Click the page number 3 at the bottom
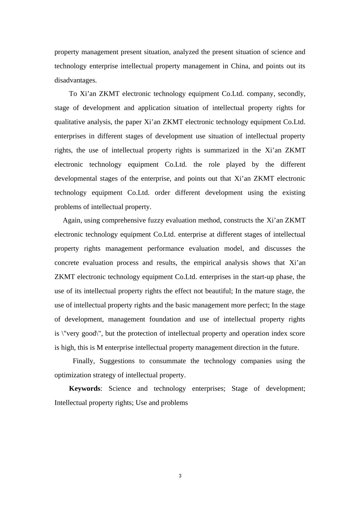pyautogui.click(x=180, y=476)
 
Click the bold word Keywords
pyautogui.click(x=85, y=389)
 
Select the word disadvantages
pyautogui.click(x=75, y=80)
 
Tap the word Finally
pyautogui.click(x=83, y=361)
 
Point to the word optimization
pyautogui.click(x=76, y=375)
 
